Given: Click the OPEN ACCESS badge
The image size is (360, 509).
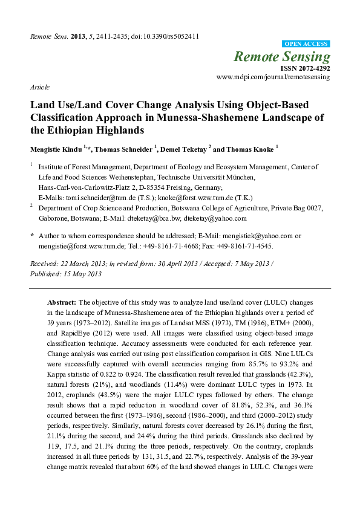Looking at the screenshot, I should (307, 44).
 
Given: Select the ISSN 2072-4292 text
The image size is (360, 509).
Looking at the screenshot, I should (306, 69).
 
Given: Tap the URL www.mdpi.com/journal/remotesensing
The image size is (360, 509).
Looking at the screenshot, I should (273, 78).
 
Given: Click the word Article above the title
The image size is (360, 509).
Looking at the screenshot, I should (39, 87).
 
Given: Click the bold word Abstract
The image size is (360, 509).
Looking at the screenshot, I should (62, 301).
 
